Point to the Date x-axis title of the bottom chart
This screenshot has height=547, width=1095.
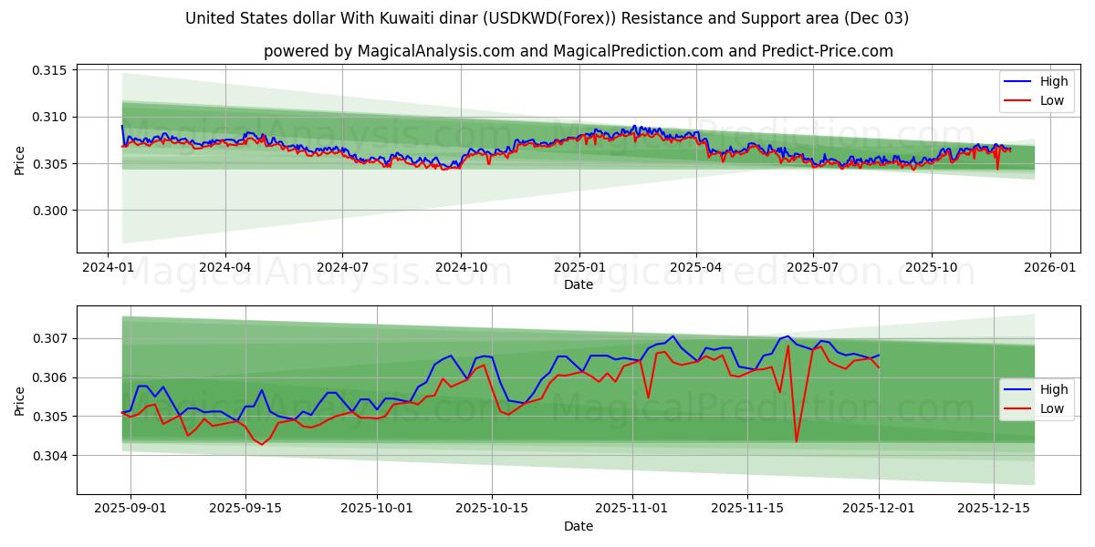coord(578,526)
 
